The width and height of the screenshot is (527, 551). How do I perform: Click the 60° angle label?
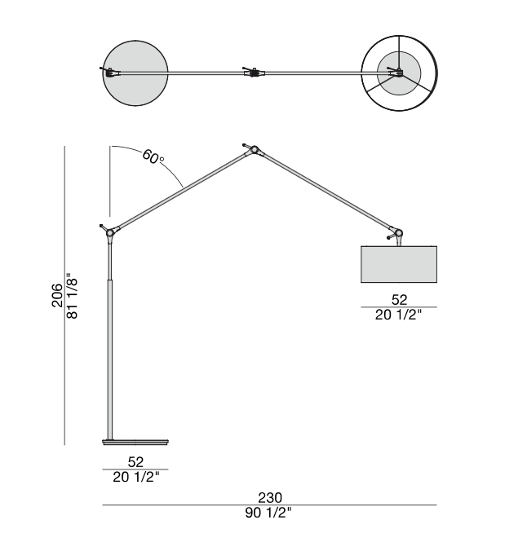[153, 156]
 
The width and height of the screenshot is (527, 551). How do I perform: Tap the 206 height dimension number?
[57, 296]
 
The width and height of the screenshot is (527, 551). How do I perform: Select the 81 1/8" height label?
[72, 296]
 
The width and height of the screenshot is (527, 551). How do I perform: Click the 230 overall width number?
[270, 497]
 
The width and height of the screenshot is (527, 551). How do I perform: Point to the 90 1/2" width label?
[268, 513]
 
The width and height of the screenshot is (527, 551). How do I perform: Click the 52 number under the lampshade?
[399, 299]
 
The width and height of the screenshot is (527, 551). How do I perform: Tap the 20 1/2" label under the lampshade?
[398, 315]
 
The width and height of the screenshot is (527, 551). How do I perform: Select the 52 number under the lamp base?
[135, 461]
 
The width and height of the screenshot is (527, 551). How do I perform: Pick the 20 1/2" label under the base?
[136, 477]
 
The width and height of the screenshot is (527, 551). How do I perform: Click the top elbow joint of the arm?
[254, 150]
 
